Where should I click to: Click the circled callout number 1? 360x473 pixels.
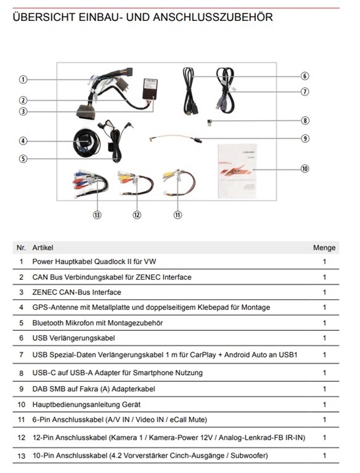point(23,79)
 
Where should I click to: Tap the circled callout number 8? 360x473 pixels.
point(305,121)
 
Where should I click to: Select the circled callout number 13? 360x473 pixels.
point(97,215)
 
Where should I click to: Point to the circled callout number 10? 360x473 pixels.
point(305,169)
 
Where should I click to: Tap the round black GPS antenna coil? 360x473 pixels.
point(86,143)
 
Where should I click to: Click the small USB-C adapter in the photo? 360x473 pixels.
point(209,123)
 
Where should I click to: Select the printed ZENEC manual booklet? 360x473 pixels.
point(237,172)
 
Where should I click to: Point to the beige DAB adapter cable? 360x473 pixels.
point(175,137)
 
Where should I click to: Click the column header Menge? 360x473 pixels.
point(324,248)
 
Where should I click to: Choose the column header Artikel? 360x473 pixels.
point(43,248)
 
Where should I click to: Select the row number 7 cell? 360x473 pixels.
point(21,355)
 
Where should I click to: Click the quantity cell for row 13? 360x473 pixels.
point(324,456)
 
